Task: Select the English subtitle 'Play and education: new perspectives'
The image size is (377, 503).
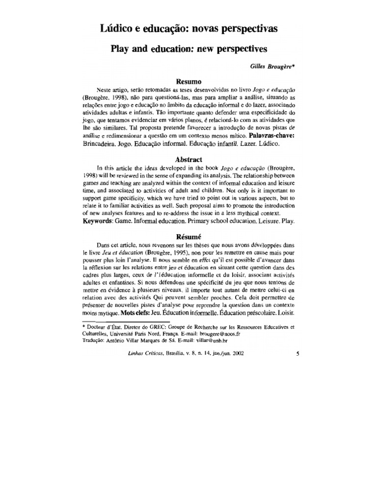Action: pos(188,50)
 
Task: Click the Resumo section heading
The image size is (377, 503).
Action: pos(188,82)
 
